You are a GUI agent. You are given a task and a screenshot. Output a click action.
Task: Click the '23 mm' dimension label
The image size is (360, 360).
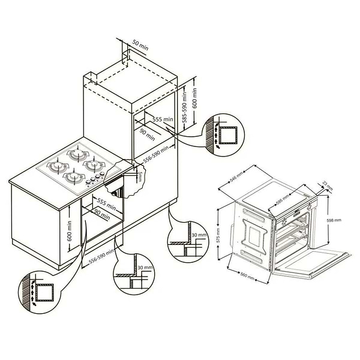coord(327,184)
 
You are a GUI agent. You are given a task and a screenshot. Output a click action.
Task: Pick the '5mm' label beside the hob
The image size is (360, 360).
coord(139,176)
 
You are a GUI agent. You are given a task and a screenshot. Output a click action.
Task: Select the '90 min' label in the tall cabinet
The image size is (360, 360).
coord(148,131)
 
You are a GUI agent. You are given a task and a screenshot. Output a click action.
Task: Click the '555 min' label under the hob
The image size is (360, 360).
coord(106,202)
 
